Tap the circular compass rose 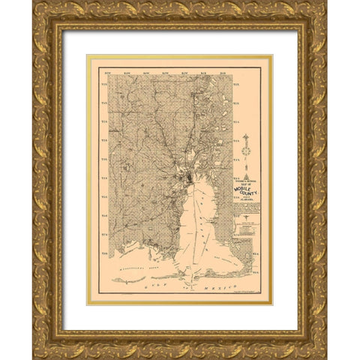click(x=245, y=152)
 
